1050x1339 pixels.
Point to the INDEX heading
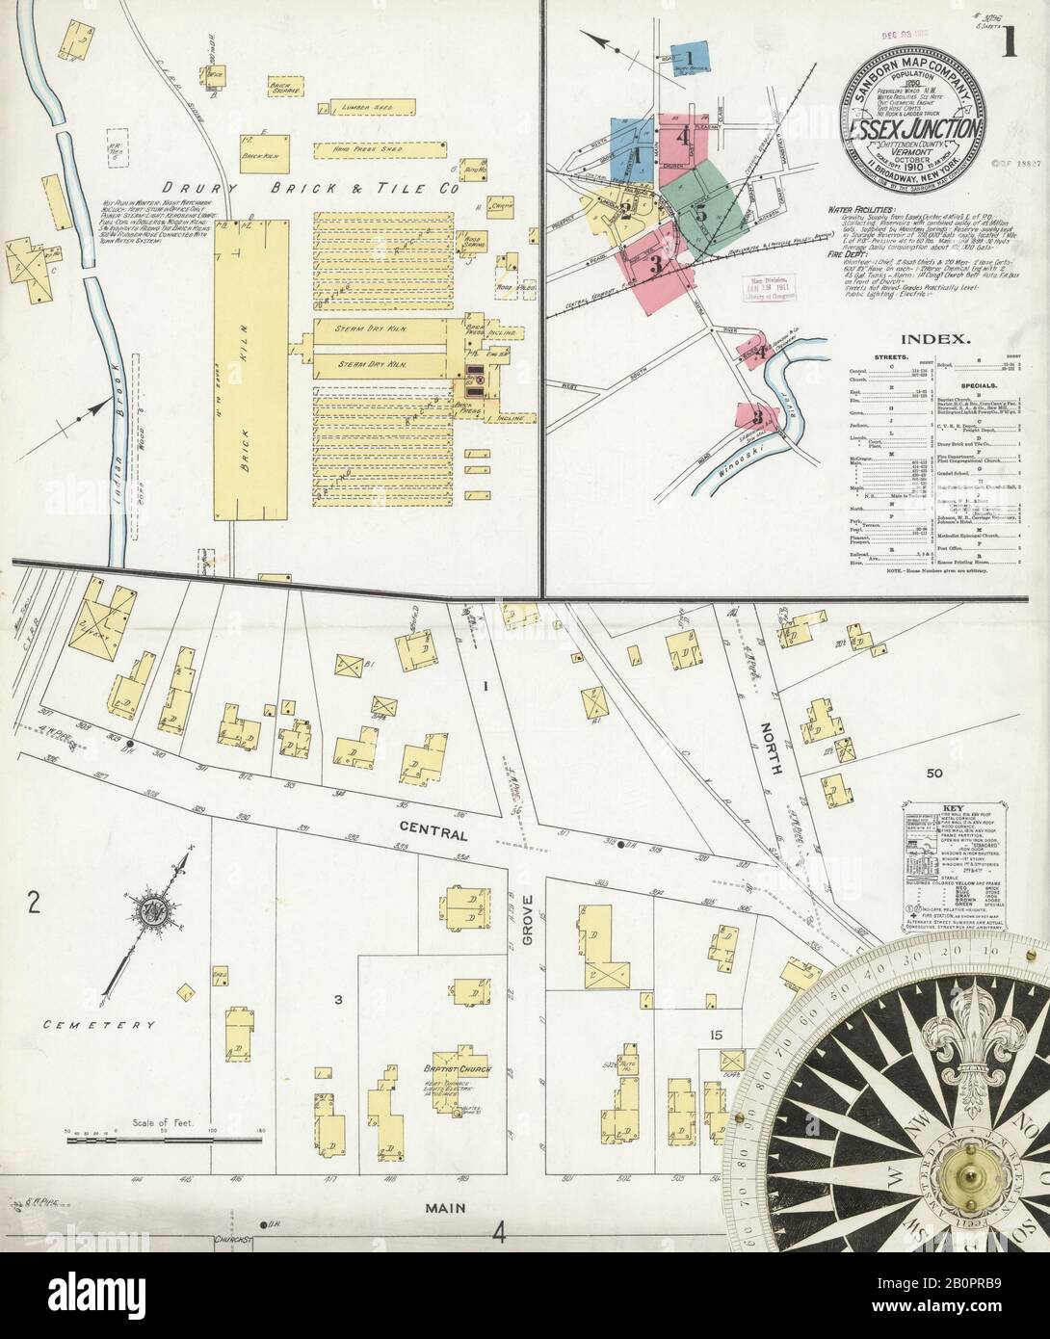(x=929, y=339)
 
